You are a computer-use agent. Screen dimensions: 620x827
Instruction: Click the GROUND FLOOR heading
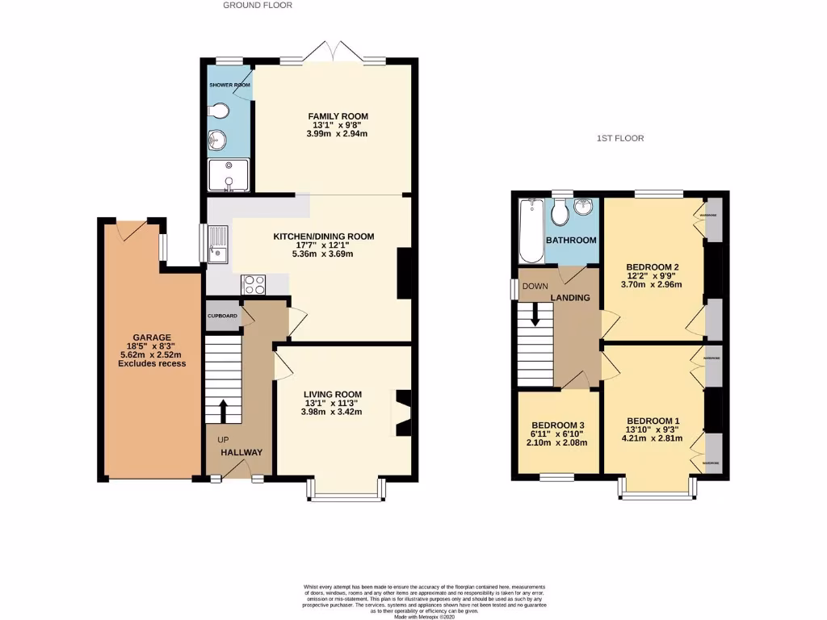click(258, 5)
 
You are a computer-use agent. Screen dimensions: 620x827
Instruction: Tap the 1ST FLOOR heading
click(620, 138)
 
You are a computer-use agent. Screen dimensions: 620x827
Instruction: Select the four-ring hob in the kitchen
click(254, 284)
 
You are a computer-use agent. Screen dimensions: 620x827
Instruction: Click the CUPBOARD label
click(222, 316)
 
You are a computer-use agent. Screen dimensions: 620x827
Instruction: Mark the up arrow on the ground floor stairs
click(223, 410)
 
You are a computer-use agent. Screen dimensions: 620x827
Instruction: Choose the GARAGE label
click(152, 337)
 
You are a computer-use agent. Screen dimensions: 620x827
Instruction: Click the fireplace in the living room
click(402, 413)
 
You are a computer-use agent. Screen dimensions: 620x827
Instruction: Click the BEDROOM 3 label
click(557, 425)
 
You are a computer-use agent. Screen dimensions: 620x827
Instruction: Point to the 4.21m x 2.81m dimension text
click(652, 439)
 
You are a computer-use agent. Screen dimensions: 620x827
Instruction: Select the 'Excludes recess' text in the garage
click(152, 363)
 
